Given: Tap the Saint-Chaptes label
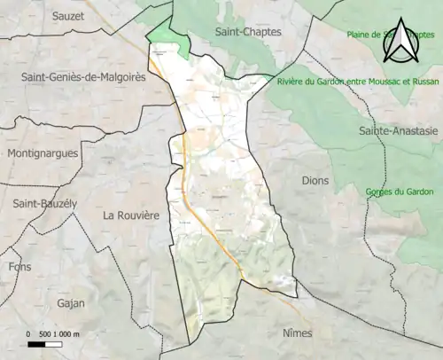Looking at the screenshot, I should point(248,32).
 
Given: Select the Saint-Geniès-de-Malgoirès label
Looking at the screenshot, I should point(84,77).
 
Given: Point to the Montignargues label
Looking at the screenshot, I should point(42,153).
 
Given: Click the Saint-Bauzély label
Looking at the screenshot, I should point(44,203).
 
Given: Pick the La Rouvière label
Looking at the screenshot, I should point(130,215).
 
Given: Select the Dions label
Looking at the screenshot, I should point(315,180).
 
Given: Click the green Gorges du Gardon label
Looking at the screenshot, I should point(396,192).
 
